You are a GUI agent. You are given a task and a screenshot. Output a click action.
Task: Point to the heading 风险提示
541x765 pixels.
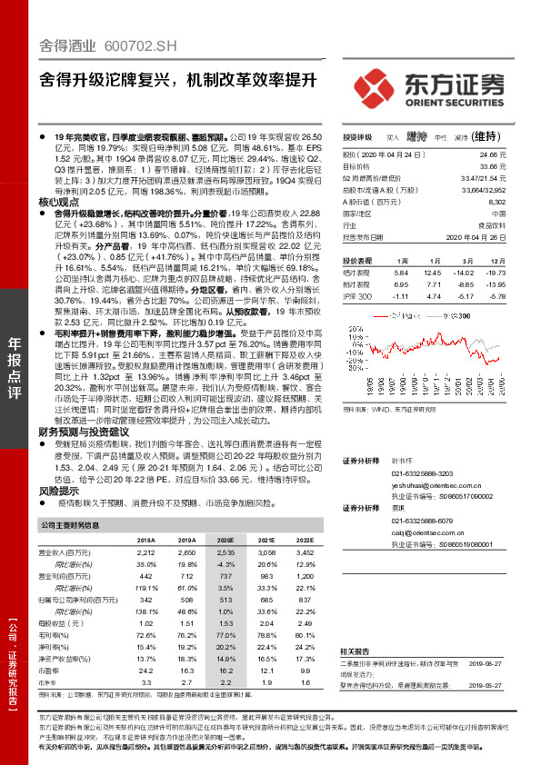(x=62, y=490)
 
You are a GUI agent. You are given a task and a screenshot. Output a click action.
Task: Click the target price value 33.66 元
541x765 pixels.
(x=490, y=167)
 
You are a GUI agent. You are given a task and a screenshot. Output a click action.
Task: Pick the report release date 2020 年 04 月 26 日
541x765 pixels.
(x=476, y=236)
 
